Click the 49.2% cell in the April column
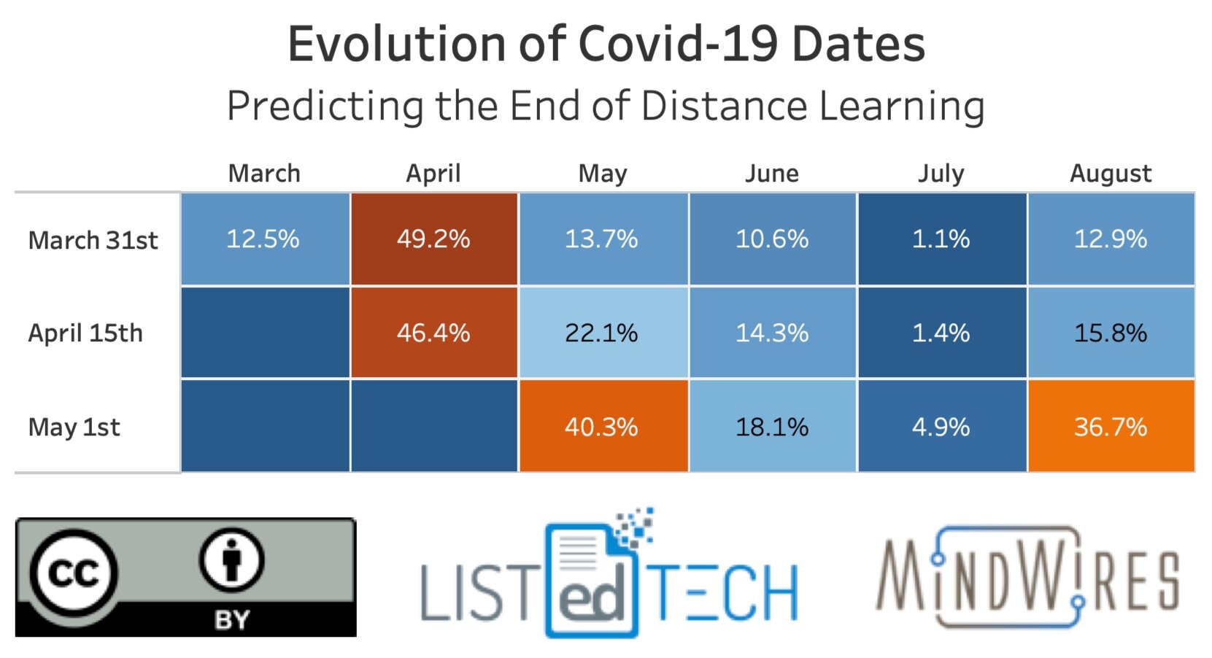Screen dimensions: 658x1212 (433, 239)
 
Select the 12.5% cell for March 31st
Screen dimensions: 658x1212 (263, 239)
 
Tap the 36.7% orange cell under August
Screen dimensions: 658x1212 (1111, 426)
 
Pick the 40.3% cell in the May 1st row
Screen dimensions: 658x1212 (602, 426)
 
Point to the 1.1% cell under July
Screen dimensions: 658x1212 (941, 239)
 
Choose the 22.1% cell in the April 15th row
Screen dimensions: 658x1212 (602, 333)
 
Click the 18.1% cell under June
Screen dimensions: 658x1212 (772, 426)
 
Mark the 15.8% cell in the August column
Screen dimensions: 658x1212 (1111, 333)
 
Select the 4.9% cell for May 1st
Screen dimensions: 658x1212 (941, 426)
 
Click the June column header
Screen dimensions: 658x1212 (772, 174)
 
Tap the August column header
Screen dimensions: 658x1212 (1111, 174)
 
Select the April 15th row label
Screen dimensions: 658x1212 (85, 333)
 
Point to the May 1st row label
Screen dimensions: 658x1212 (74, 427)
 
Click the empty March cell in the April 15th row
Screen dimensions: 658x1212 (265, 333)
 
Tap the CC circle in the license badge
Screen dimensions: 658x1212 (73, 573)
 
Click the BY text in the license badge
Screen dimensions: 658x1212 (232, 620)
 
